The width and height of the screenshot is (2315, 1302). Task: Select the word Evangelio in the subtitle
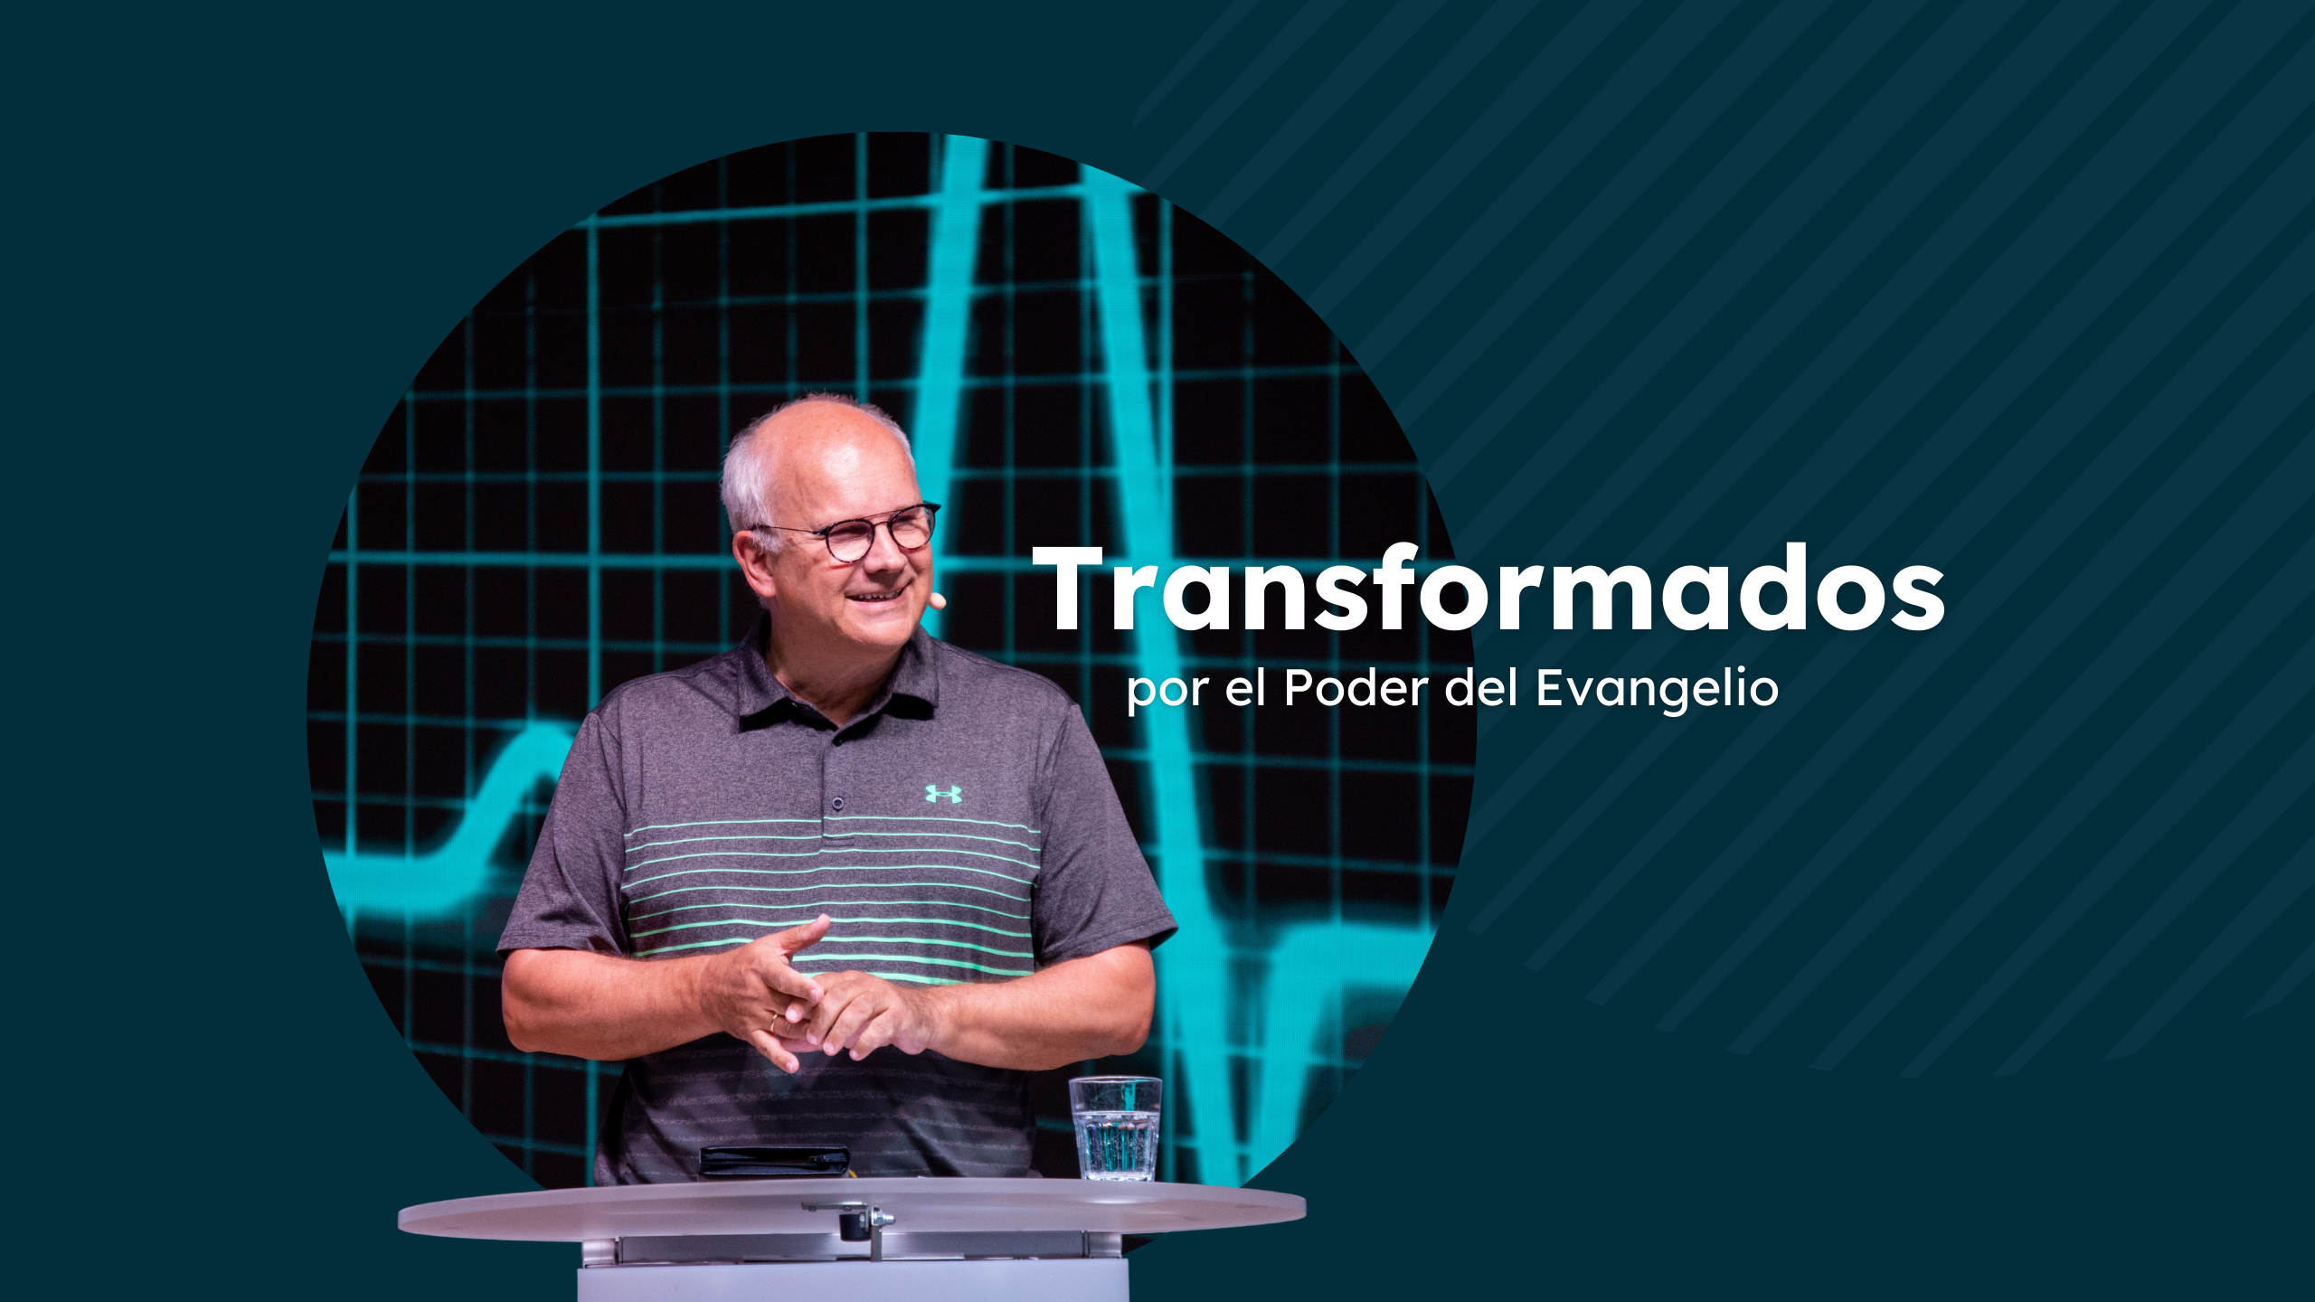coord(1658,690)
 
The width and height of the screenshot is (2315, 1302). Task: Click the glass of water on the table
coord(1115,1128)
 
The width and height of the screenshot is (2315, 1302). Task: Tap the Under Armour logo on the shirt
coord(943,794)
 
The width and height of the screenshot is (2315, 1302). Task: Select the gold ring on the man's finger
coord(773,1023)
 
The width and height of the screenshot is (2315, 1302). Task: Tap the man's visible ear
coord(755,565)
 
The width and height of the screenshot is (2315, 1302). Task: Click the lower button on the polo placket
coord(838,803)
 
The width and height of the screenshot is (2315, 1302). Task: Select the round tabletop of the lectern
coord(852,1208)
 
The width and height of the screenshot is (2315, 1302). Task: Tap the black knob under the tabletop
coord(852,1227)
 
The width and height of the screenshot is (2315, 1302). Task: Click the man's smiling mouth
coord(879,595)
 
